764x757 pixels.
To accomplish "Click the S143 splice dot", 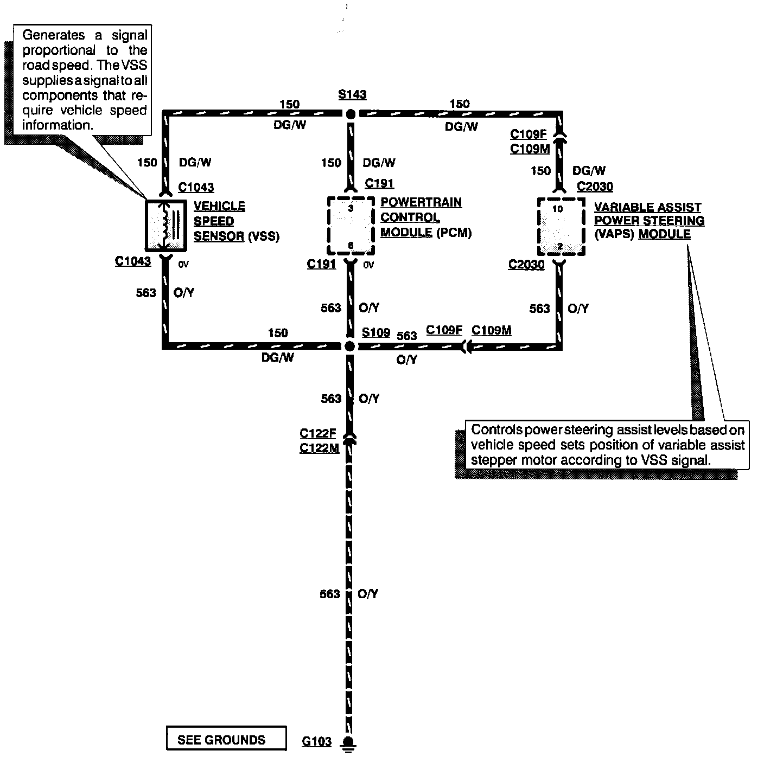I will [x=351, y=114].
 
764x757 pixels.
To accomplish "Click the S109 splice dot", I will [x=350, y=346].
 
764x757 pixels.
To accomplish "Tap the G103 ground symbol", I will [x=349, y=742].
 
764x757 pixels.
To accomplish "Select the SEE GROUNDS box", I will [x=226, y=740].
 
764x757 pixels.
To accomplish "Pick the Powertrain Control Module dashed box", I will [x=351, y=226].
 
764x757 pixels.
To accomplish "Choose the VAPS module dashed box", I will [x=561, y=226].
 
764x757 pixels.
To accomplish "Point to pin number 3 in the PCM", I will [x=351, y=208].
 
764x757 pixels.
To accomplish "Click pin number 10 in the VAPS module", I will [x=558, y=209].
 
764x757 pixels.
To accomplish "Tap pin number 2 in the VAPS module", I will [x=560, y=247].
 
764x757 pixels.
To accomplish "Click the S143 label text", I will [x=352, y=94].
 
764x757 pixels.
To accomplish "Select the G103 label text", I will [x=316, y=741].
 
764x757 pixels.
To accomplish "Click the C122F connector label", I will [x=318, y=433].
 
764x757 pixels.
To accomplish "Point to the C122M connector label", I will [x=319, y=448].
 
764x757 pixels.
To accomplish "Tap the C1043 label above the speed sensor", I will [x=196, y=187].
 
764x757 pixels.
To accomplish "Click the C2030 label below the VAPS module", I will [x=526, y=265].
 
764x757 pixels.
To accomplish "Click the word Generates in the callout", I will [x=54, y=36].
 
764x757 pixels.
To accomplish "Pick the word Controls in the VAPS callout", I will [x=496, y=430].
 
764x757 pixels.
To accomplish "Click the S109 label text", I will [x=376, y=332].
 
